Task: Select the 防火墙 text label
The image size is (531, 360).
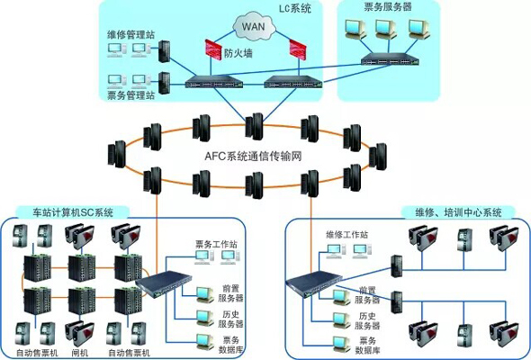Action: [238, 54]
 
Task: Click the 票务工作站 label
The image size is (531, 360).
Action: [216, 244]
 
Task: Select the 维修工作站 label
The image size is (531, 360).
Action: [346, 234]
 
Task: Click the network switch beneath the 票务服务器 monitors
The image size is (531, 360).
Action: [390, 59]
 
